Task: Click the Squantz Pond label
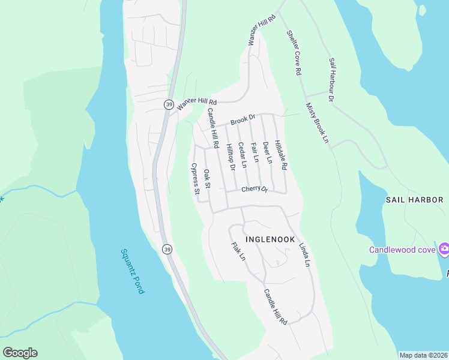tap(133, 271)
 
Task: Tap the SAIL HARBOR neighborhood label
tap(414, 199)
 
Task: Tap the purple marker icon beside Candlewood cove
tap(444, 248)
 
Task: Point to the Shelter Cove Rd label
tap(294, 53)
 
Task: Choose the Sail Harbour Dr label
tap(332, 79)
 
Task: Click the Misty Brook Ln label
tap(318, 122)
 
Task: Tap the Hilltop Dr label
tap(229, 160)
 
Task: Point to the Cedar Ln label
tap(243, 155)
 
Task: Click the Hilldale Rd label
tap(282, 154)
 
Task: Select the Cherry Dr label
tap(254, 189)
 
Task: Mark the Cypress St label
tap(194, 179)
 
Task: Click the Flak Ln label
tap(238, 251)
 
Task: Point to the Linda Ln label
tap(304, 255)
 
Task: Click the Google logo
tap(20, 353)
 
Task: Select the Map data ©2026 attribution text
tap(423, 355)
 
